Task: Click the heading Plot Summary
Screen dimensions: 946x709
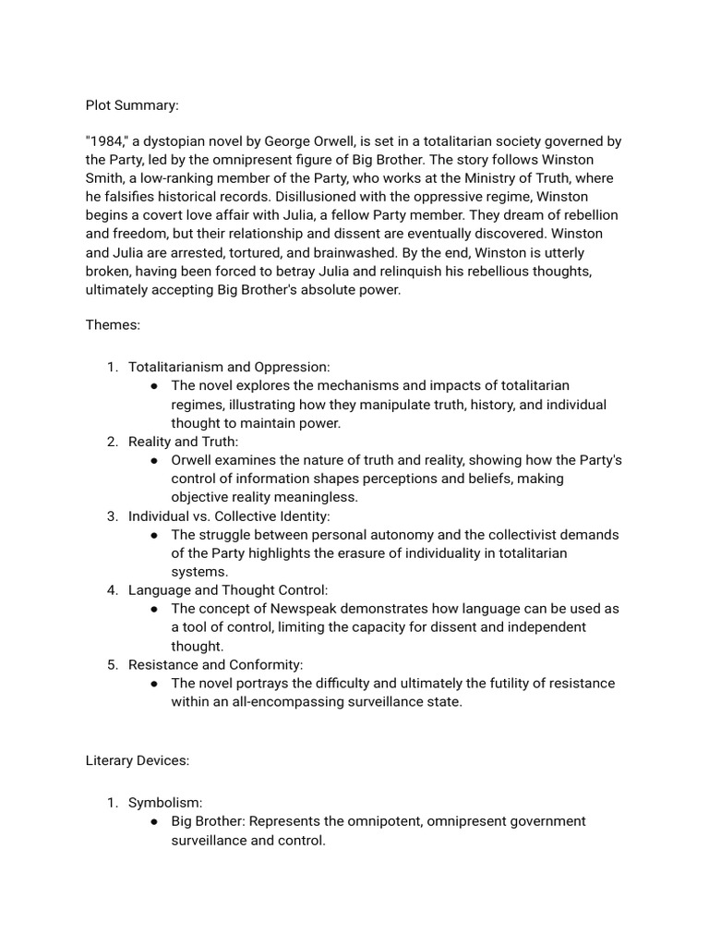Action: pyautogui.click(x=132, y=105)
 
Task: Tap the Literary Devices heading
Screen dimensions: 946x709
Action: pyautogui.click(x=137, y=760)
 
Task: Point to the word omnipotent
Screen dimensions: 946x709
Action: pyautogui.click(x=400, y=821)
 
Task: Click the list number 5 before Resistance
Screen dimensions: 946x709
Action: pyautogui.click(x=112, y=664)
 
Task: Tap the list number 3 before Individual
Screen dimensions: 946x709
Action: pyautogui.click(x=112, y=515)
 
